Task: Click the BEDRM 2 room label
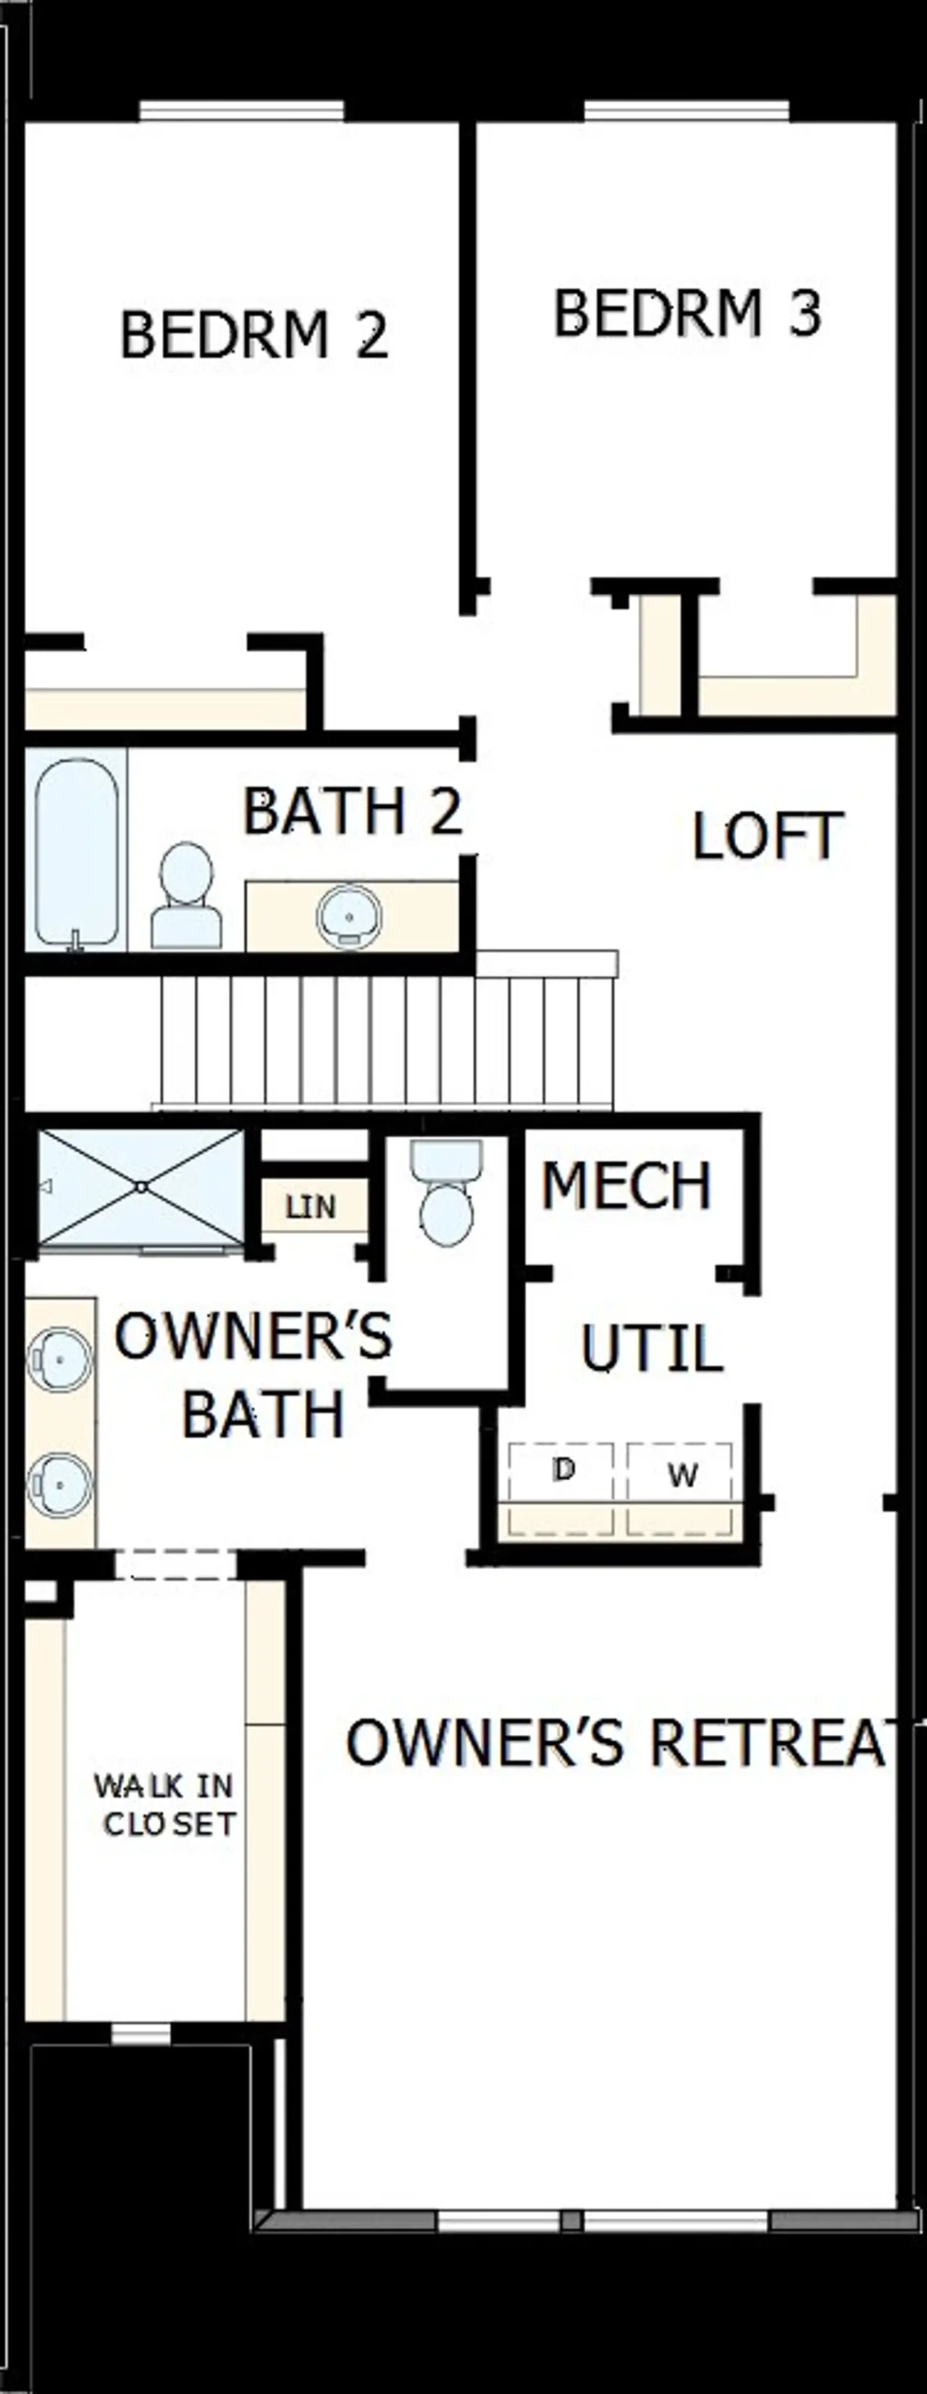point(253,335)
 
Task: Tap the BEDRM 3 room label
point(687,314)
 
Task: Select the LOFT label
point(768,836)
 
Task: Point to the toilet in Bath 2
point(186,896)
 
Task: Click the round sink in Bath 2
point(348,915)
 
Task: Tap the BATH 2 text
point(353,811)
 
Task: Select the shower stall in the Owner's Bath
point(140,1188)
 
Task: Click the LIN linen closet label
point(311,1207)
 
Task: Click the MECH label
point(626,1186)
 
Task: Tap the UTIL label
point(652,1348)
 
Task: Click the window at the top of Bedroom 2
point(242,112)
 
